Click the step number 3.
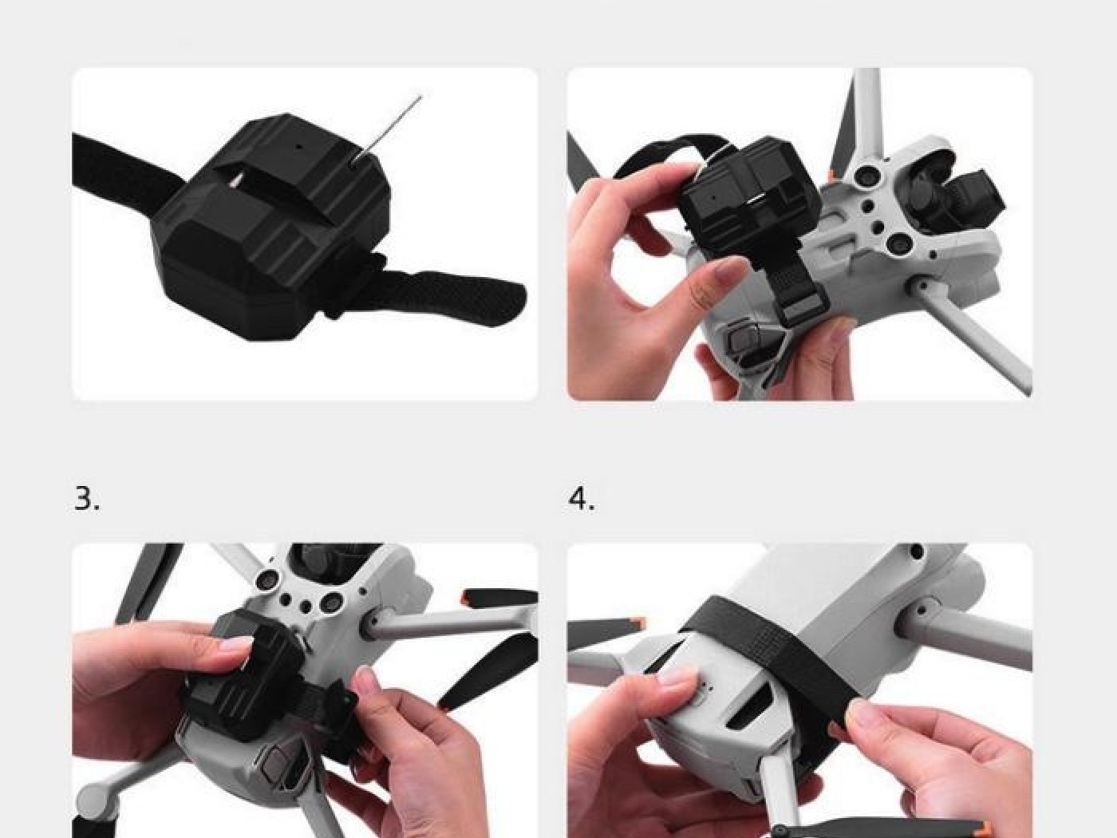[x=86, y=500]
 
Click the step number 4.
[x=581, y=500]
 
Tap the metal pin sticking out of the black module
[x=390, y=128]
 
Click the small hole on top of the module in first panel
[x=299, y=147]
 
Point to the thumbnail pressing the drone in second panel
[x=730, y=275]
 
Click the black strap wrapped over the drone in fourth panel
[x=766, y=638]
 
